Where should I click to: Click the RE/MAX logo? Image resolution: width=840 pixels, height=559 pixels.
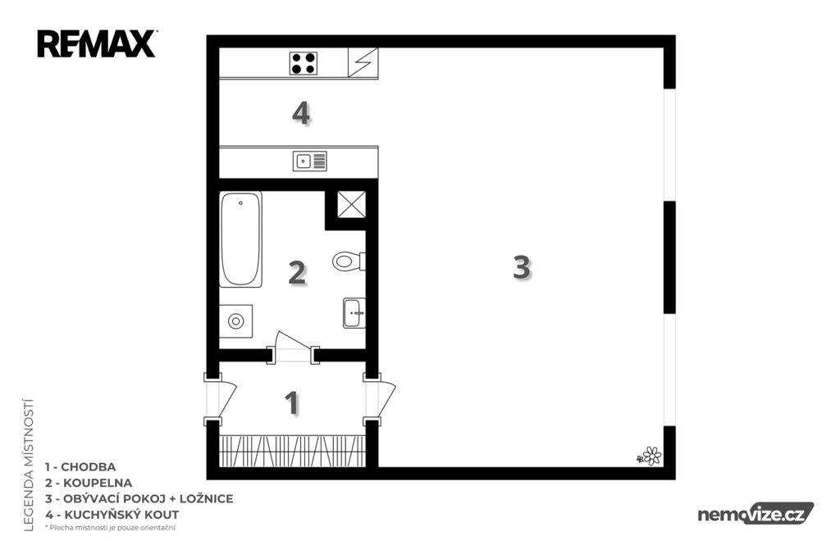97,44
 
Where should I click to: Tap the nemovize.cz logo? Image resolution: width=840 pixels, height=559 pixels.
756,514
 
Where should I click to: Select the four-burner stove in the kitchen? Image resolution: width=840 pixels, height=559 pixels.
304,63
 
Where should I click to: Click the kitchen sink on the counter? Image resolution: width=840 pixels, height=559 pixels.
309,161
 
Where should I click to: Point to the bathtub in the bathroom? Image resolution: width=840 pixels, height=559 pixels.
240,239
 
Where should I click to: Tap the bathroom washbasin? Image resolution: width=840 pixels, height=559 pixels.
354,313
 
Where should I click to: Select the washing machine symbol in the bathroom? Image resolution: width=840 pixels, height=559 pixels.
235,321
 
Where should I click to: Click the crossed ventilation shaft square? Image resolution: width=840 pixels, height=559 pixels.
351,205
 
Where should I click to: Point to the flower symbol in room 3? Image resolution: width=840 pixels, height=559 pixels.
650,457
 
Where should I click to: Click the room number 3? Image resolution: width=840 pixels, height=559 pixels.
522,266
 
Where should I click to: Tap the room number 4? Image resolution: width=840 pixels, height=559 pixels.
301,113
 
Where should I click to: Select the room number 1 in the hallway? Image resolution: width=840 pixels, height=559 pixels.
291,403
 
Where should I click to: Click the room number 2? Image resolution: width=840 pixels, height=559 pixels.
297,273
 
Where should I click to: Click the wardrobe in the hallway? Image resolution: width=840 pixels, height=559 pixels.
293,452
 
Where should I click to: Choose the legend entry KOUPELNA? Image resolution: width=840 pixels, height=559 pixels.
97,483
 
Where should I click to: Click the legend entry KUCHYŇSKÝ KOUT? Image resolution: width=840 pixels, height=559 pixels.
121,515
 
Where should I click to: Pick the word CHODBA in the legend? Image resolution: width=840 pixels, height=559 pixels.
88,467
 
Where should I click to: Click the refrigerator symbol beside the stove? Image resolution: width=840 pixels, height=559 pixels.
363,62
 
